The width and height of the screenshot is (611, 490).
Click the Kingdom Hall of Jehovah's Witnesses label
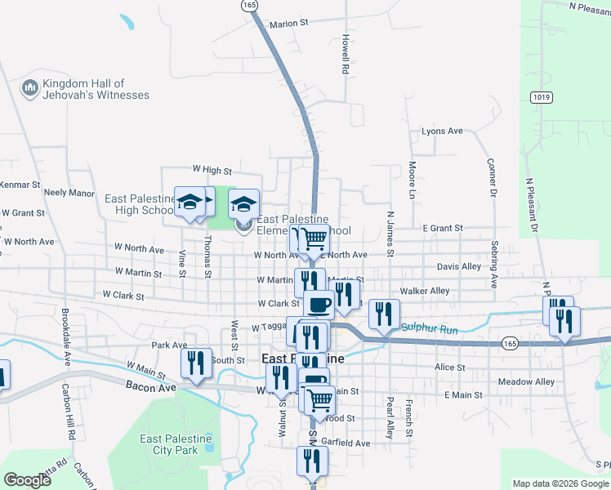(x=96, y=89)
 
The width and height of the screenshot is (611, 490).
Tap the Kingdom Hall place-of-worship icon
(x=30, y=87)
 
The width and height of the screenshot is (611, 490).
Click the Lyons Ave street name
(x=442, y=131)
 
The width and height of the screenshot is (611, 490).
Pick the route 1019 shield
(x=539, y=96)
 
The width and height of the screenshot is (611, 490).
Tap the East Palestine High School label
(x=139, y=204)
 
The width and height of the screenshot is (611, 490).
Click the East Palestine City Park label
(x=176, y=444)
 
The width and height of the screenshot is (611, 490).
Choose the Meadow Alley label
(x=526, y=382)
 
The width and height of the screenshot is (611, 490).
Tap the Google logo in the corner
(x=27, y=480)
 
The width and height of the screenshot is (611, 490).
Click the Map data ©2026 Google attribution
(x=560, y=483)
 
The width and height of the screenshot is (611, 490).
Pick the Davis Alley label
(x=459, y=266)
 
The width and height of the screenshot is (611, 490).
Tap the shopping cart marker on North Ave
(x=311, y=239)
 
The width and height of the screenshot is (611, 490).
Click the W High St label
(x=212, y=170)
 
